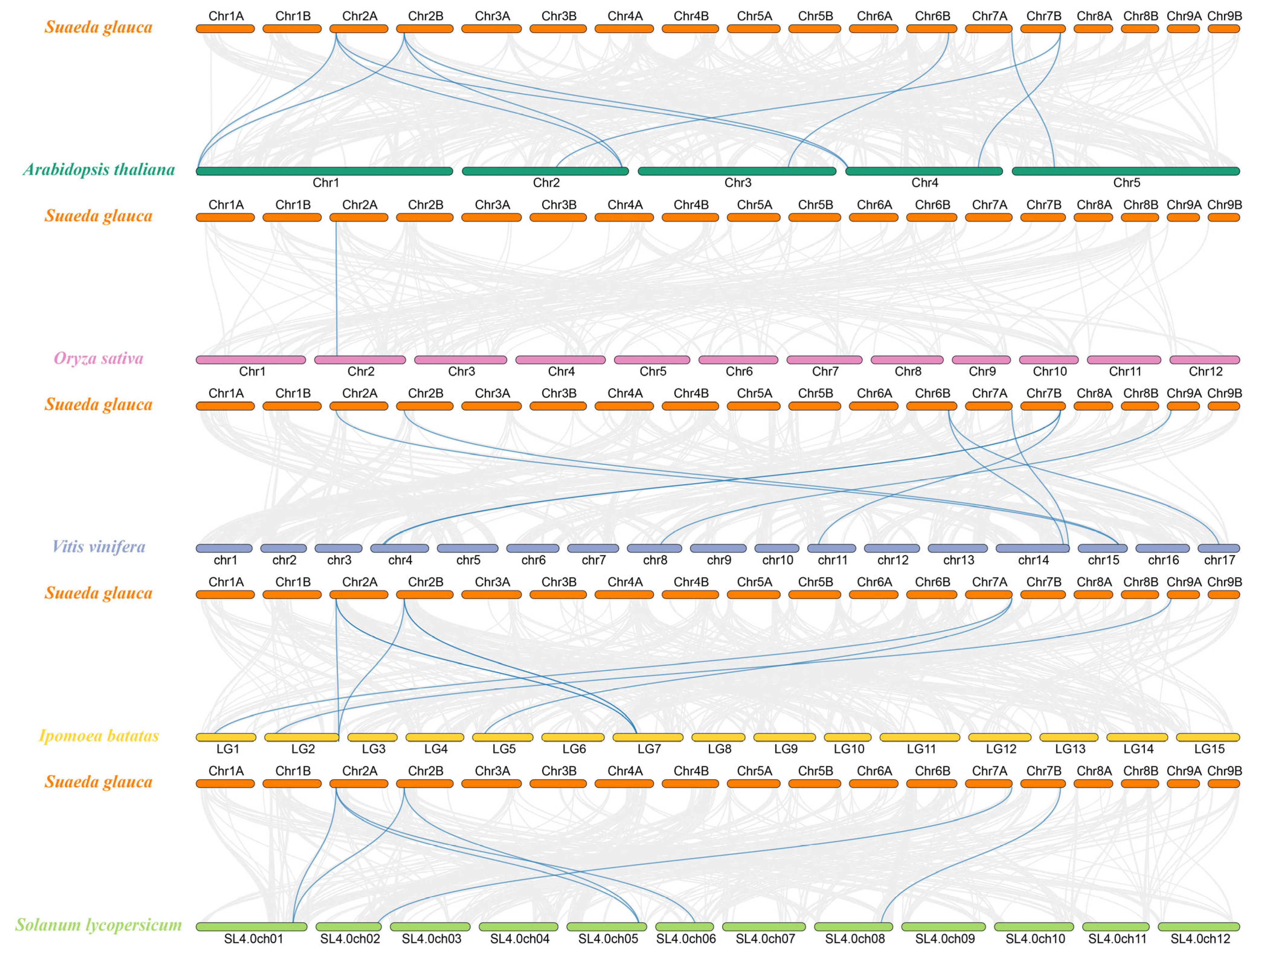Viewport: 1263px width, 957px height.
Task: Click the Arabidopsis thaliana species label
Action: (x=99, y=170)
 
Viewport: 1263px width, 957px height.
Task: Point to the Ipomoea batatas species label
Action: (x=99, y=735)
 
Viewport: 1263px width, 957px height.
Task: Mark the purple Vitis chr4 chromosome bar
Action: (x=400, y=548)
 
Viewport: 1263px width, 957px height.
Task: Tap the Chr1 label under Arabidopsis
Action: (x=325, y=183)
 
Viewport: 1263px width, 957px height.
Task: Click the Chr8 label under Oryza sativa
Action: (x=907, y=372)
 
